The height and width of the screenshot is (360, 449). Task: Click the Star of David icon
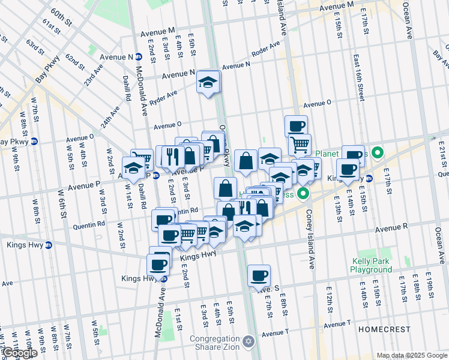(250, 342)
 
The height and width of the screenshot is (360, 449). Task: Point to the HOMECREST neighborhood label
(384, 330)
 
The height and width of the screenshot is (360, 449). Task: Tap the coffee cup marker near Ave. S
(259, 275)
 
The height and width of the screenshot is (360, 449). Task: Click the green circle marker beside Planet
(378, 152)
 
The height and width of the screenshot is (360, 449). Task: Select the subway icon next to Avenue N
(139, 57)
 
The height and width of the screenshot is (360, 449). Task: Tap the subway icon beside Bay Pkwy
(34, 142)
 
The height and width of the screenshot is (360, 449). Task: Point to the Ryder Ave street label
(163, 98)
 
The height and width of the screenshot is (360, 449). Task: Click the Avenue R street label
(391, 228)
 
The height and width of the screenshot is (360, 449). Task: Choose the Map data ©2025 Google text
(412, 355)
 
